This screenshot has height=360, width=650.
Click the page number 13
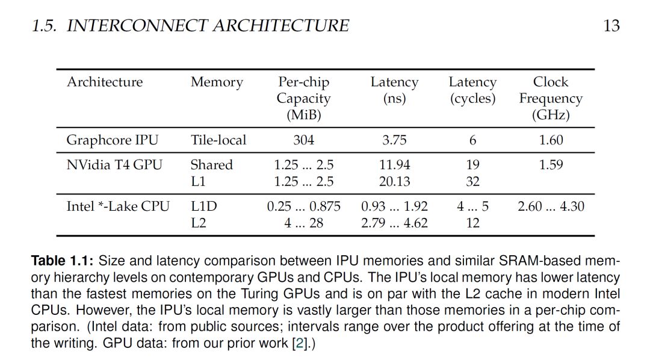click(611, 26)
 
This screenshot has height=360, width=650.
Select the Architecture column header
click(105, 82)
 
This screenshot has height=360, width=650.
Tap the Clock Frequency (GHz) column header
click(551, 98)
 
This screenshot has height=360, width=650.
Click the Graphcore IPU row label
click(113, 140)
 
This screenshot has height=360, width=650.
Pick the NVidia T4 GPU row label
click(114, 165)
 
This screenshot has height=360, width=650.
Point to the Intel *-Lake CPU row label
click(118, 206)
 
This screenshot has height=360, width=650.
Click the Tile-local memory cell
click(218, 140)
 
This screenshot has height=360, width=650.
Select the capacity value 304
click(304, 140)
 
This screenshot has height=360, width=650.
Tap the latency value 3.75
click(394, 140)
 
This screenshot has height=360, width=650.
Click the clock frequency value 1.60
click(551, 140)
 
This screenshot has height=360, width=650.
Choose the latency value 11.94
click(395, 165)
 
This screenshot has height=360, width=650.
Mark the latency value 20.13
click(395, 182)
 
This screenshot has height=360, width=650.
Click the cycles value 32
click(472, 182)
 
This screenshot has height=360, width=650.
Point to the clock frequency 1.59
click(551, 165)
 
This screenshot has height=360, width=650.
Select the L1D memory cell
click(204, 206)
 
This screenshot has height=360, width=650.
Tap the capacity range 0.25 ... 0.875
click(304, 206)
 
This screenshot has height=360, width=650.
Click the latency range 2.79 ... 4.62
click(394, 223)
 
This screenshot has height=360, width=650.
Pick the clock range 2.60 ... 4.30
click(551, 206)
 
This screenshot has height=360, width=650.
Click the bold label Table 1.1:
click(62, 261)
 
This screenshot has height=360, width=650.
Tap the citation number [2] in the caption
click(299, 343)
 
